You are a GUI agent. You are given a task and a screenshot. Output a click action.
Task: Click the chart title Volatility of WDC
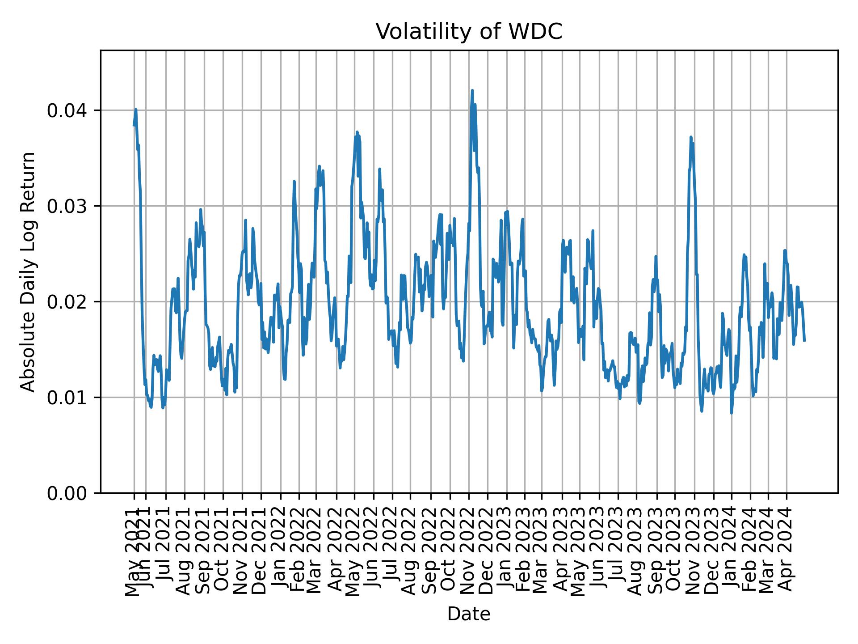coord(469,32)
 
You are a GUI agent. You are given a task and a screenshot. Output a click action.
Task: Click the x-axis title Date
coord(469,614)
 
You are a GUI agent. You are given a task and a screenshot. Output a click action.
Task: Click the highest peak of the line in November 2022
coord(472,91)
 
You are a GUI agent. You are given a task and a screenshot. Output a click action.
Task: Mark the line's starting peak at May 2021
coord(135,109)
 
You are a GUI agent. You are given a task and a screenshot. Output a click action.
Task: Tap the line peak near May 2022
coord(357,132)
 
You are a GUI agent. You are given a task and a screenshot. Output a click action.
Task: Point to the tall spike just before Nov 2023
coord(691,137)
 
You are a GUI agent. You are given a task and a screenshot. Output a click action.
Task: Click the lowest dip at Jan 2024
coord(731,412)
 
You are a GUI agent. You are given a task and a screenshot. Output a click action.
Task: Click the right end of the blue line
coord(804,341)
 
